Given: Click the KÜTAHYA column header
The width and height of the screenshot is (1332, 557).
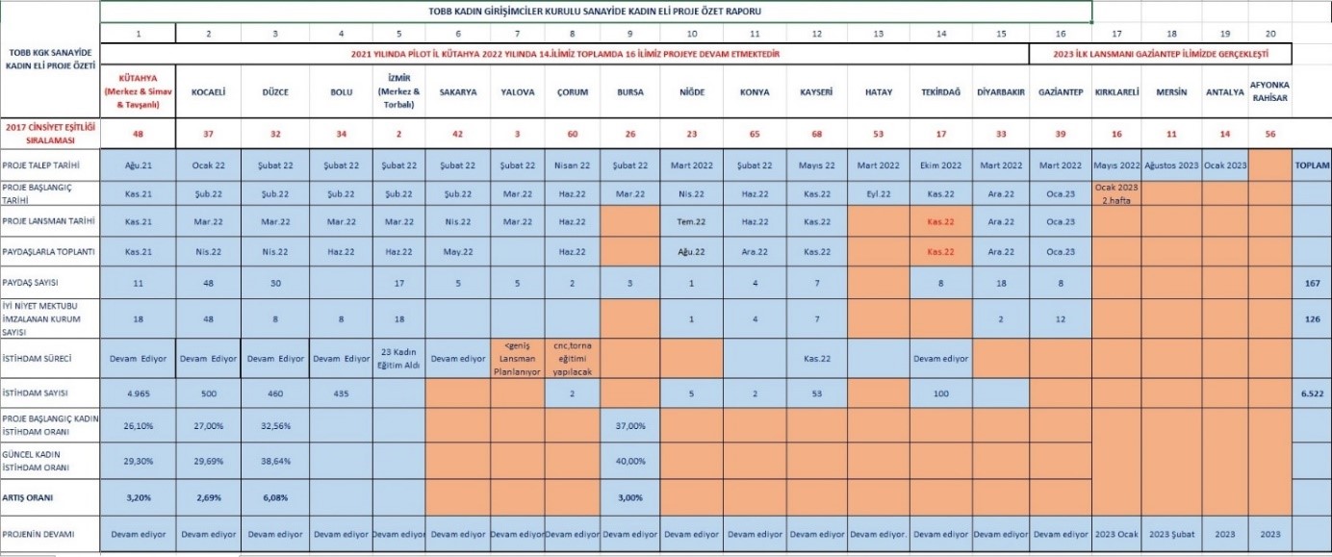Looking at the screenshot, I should pyautogui.click(x=140, y=91).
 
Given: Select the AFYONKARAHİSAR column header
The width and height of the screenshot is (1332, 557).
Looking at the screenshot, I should pyautogui.click(x=1268, y=91).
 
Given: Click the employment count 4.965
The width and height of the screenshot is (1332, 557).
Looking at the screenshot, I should pyautogui.click(x=140, y=392).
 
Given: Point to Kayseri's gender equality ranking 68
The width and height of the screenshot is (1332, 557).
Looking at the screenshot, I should pyautogui.click(x=816, y=133).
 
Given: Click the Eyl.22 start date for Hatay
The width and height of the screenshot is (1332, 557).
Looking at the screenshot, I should pyautogui.click(x=878, y=192).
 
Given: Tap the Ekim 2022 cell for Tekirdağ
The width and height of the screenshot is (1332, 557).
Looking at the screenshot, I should pyautogui.click(x=939, y=165).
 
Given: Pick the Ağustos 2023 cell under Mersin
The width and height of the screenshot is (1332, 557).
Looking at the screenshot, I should pyautogui.click(x=1171, y=165).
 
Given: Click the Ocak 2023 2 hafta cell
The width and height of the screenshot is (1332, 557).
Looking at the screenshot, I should pyautogui.click(x=1115, y=192).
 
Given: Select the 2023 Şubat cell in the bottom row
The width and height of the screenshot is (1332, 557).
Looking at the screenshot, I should pyautogui.click(x=1171, y=533).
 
